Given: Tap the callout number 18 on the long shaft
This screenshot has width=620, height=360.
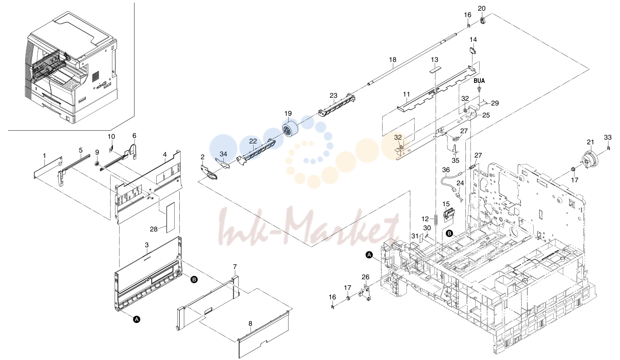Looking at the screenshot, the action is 392,59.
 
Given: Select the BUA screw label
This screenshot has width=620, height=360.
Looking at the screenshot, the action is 479,81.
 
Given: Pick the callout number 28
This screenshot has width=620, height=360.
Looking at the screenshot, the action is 154,229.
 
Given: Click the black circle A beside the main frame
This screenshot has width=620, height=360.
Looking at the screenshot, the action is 369,255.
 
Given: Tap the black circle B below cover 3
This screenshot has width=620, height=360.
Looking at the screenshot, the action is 194,279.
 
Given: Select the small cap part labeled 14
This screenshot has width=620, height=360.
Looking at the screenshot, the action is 472,51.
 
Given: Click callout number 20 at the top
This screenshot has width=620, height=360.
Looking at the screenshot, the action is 482,8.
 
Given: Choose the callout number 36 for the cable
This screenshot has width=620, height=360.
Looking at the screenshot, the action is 446,170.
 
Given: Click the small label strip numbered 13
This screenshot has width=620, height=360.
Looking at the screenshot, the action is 434,69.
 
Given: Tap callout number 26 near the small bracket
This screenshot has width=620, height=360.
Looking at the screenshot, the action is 366,277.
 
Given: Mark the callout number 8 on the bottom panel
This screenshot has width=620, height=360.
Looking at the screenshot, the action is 250,323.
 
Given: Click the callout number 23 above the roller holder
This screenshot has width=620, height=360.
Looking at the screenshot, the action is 333,95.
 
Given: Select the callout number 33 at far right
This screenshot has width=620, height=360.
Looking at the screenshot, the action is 608,137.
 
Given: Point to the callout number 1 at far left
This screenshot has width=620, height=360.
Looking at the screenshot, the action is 44,156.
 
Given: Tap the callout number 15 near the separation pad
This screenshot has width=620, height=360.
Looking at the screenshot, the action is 446,204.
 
